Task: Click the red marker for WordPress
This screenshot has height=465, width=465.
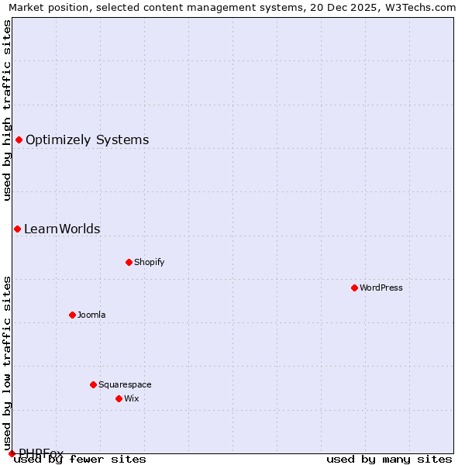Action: [354, 288]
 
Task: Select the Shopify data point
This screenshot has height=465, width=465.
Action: [129, 262]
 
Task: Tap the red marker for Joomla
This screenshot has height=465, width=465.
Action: [72, 315]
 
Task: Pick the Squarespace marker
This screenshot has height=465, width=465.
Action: [93, 384]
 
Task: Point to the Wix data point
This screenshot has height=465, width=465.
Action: [119, 398]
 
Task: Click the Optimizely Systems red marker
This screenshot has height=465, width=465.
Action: [19, 139]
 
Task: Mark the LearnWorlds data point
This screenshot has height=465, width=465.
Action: [17, 229]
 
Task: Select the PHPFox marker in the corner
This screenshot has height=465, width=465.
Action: [12, 453]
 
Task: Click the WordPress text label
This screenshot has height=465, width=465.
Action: [381, 288]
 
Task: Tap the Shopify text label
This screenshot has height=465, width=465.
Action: [150, 262]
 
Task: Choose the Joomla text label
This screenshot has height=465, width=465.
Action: [91, 315]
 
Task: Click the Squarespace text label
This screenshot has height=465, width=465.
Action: [125, 384]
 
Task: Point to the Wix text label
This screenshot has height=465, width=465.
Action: [132, 398]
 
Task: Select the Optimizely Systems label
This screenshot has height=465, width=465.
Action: [87, 140]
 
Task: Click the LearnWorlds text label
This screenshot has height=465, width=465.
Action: [62, 229]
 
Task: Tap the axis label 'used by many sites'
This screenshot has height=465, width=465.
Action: [389, 459]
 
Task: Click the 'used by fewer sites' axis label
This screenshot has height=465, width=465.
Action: [80, 459]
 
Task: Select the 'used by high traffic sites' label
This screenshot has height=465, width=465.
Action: [7, 110]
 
